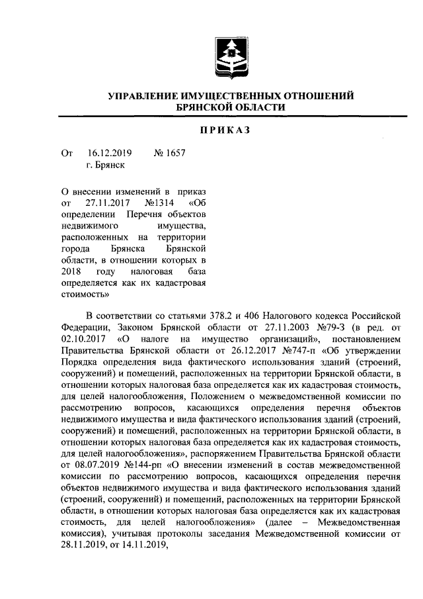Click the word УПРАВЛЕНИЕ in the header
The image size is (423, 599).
pos(147,96)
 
